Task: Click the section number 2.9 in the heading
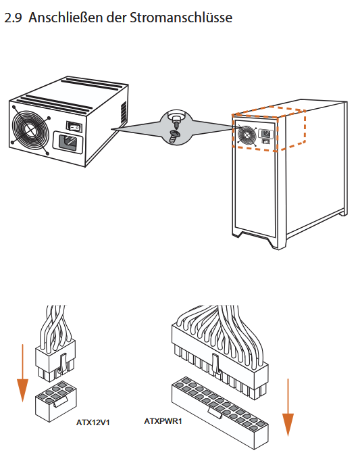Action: pos(13,18)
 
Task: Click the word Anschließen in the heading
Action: pos(66,18)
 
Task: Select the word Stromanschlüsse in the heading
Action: pos(181,18)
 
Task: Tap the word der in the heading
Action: pos(116,18)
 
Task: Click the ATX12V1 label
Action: pos(93,422)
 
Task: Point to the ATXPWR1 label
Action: pos(163,421)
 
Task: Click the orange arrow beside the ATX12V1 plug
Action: pos(22,373)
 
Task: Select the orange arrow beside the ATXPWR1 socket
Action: pos(288,408)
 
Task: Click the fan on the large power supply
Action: pos(30,129)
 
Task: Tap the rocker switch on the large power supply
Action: pos(74,126)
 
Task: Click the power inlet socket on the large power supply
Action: pos(68,143)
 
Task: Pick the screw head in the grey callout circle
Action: pos(174,136)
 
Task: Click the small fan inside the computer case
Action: pos(247,135)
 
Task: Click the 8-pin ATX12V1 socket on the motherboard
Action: pos(56,400)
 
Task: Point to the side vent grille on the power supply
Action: pos(124,113)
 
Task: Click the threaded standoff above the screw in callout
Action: pos(176,120)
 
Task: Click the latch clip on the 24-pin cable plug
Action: pos(215,363)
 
